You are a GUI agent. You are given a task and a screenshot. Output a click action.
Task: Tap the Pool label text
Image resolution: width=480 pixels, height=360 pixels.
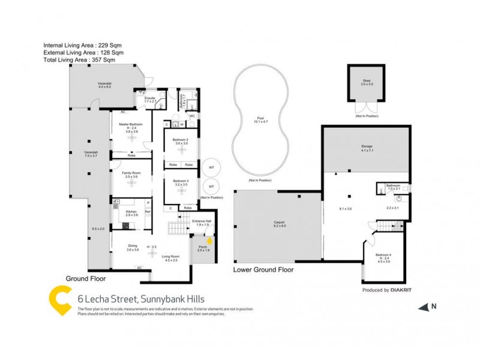coord(260,118)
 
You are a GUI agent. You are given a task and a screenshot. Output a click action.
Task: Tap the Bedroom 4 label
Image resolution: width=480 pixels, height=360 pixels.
coord(383,255)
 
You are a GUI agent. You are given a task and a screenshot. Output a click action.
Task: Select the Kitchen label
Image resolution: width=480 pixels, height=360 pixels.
coord(132,212)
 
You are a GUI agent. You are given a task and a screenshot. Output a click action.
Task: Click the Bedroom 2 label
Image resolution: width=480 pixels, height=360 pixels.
coord(181,140)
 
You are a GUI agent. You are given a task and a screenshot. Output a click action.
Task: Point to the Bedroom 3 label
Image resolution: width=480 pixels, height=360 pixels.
coord(181,181)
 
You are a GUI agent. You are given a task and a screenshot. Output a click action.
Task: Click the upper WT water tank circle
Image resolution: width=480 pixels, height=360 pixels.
coord(211,167)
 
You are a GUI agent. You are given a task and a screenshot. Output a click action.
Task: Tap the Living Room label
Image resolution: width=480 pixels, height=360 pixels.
coord(172,257)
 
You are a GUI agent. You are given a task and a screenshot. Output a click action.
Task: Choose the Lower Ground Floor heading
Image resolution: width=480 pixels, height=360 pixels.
coord(263,270)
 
